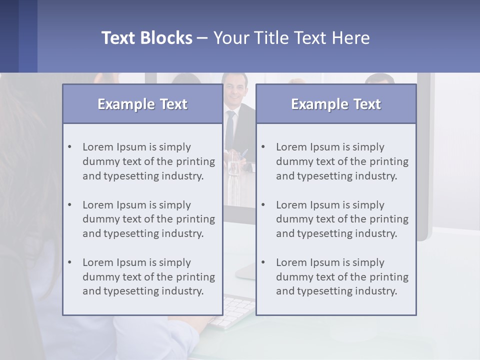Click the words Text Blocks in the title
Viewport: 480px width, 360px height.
146,38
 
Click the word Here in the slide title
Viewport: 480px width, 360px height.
350,38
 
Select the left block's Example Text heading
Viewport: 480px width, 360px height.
142,104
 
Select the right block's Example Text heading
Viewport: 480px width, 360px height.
336,104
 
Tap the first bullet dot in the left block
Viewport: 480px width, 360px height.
70,147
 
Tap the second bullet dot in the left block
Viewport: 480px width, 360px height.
70,205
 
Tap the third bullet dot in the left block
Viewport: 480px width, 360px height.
70,262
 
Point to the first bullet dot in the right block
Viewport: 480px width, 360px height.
263,147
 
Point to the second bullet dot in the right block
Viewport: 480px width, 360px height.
263,205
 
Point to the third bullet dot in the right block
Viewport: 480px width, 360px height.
263,262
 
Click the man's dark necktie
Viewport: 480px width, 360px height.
229,130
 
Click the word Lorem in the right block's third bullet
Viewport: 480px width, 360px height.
291,262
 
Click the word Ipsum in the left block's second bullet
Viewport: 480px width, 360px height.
131,205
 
